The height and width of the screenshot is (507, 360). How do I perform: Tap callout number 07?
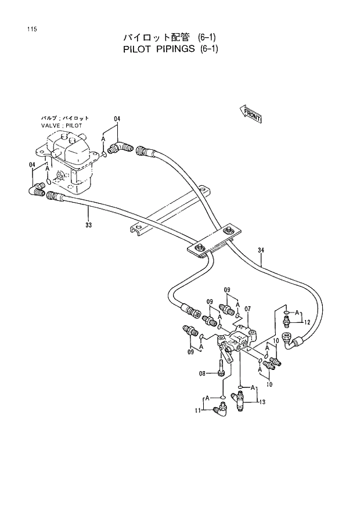(247, 308)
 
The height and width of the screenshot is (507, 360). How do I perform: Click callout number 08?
(203, 374)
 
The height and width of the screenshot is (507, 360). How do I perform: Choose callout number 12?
(307, 322)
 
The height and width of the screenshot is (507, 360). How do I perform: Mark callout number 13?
(262, 401)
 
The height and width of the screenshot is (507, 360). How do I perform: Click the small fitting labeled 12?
(286, 318)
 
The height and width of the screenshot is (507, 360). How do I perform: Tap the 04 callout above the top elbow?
(117, 119)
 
